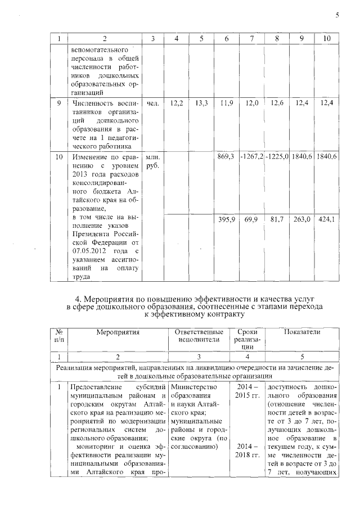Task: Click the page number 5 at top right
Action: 337,15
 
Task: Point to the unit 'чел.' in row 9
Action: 152,103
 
